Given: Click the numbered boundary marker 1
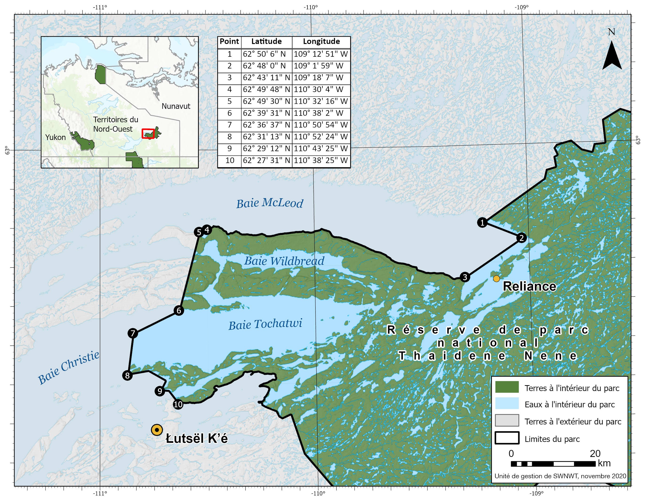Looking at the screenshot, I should point(483,222).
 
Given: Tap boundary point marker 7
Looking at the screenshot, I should point(133,333).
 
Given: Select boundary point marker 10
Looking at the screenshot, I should point(178,404).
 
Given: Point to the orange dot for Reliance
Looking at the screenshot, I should point(496,278).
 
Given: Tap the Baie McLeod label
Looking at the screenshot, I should point(269,204).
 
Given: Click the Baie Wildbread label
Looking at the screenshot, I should point(284,261).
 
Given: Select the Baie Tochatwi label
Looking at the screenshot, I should point(265,324).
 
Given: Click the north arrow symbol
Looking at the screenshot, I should point(612,55).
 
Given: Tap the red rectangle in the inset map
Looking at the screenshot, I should point(148,134).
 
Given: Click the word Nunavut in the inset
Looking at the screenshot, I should point(176,106).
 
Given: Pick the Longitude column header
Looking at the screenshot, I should point(321,41).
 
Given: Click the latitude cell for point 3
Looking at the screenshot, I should point(267,78).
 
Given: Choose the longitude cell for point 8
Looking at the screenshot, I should point(321,136).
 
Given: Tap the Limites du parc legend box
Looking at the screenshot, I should point(507,438).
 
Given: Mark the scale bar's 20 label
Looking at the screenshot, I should point(595,453).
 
